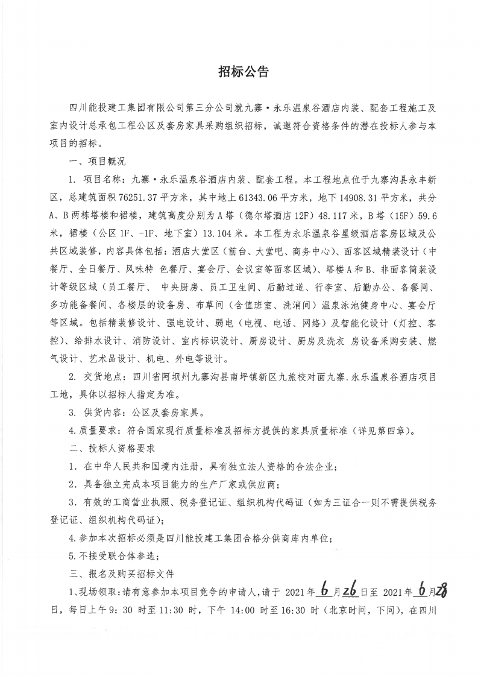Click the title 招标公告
point(239,72)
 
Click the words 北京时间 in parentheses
point(352,609)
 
